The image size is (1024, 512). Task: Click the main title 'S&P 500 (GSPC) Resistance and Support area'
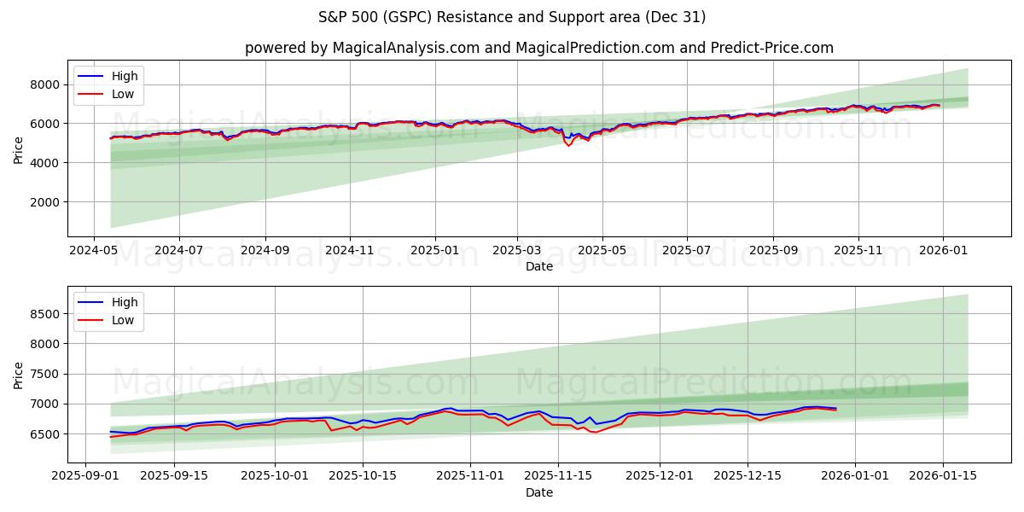point(512,17)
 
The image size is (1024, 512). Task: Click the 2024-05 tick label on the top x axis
point(94,251)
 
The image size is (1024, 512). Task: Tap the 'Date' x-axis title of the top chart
point(538,266)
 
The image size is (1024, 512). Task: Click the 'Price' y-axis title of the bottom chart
point(19,375)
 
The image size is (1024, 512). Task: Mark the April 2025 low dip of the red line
point(569,146)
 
